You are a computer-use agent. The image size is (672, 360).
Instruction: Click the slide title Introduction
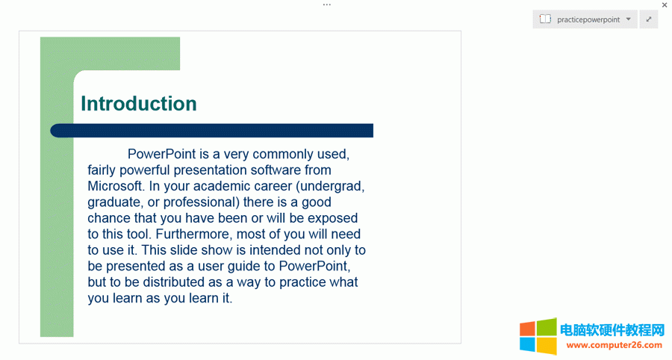139,104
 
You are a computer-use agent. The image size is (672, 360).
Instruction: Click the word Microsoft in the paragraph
115,186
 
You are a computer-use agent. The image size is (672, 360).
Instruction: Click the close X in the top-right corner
665,5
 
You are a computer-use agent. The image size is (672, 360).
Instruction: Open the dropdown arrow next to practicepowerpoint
629,19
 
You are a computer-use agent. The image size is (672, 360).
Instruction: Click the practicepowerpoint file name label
588,19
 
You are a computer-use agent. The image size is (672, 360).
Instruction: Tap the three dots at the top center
327,4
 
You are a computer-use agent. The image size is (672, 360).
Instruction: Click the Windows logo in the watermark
538,337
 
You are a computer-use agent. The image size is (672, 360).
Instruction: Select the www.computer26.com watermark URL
615,345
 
